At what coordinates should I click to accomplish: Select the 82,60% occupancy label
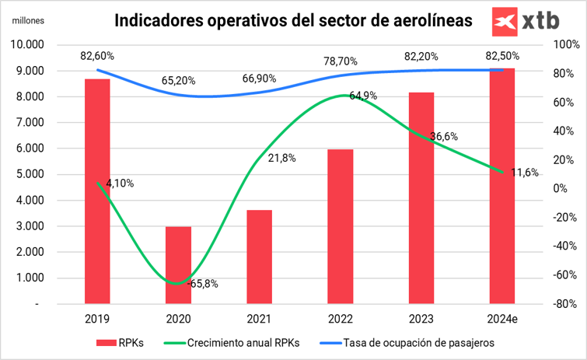point(97,56)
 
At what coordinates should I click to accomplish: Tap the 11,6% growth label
point(525,173)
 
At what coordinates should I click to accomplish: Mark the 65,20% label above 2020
point(179,80)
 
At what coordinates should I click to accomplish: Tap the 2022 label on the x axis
point(341,319)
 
